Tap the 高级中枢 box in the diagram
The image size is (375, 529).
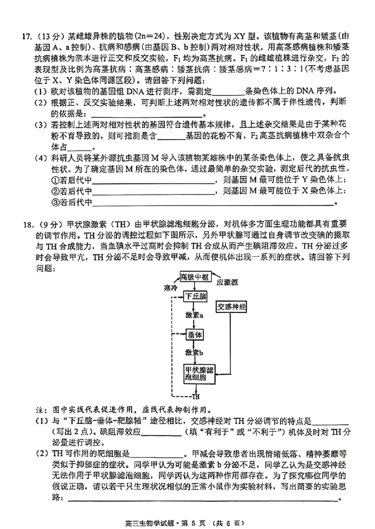click(195, 276)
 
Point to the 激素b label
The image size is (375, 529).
click(194, 352)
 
